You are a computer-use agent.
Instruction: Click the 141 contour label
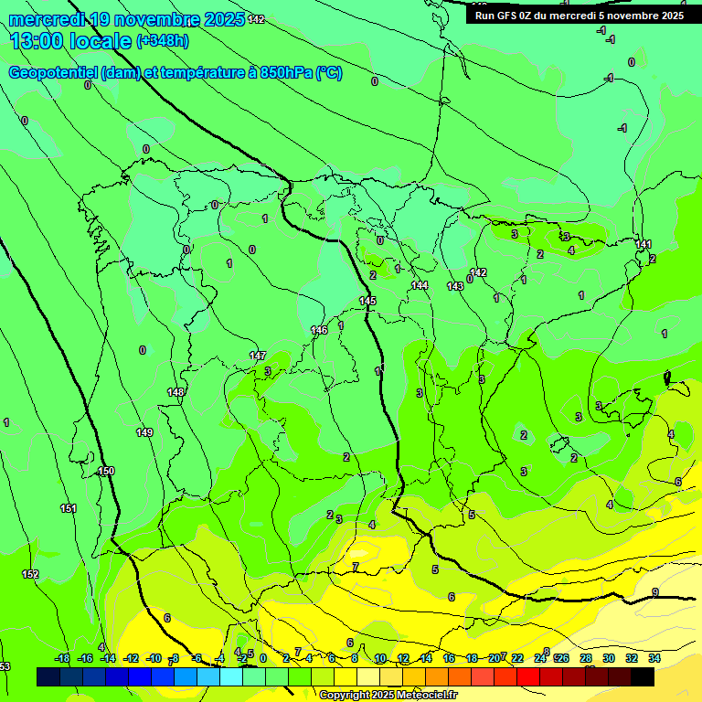pyautogui.click(x=643, y=244)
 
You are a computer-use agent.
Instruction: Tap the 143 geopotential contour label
pyautogui.click(x=455, y=286)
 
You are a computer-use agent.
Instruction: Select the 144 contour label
pyautogui.click(x=420, y=286)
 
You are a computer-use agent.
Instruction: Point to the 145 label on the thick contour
pyautogui.click(x=367, y=301)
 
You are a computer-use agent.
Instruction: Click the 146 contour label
pyautogui.click(x=319, y=330)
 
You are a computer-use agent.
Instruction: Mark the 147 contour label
pyautogui.click(x=258, y=356)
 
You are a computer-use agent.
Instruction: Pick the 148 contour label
pyautogui.click(x=175, y=392)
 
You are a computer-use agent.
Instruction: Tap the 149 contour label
pyautogui.click(x=144, y=432)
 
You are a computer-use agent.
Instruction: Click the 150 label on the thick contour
pyautogui.click(x=106, y=471)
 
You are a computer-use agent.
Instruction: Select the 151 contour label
pyautogui.click(x=69, y=508)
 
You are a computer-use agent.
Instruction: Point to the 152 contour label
pyautogui.click(x=31, y=574)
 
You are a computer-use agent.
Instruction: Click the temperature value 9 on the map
pyautogui.click(x=655, y=592)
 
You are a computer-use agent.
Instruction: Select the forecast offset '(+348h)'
pyautogui.click(x=163, y=41)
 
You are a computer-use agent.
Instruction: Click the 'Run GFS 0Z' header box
pyautogui.click(x=580, y=15)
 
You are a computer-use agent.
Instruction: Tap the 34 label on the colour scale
pyautogui.click(x=654, y=658)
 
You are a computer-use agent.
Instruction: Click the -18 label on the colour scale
pyautogui.click(x=62, y=658)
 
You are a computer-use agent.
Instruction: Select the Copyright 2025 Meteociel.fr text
pyautogui.click(x=388, y=695)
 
